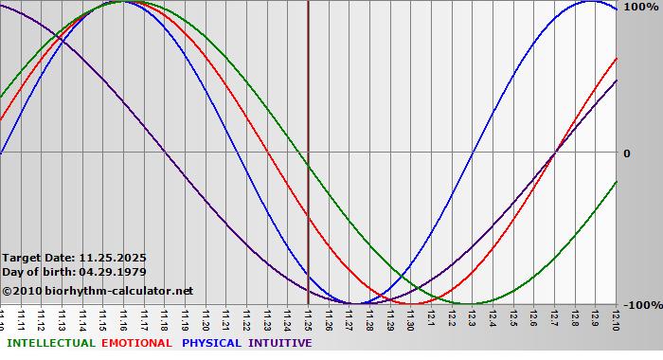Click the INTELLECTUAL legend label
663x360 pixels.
(50, 343)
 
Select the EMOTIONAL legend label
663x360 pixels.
(136, 343)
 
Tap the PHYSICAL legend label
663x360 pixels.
(211, 343)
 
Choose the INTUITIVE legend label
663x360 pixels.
(279, 343)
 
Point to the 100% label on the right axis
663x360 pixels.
(638, 7)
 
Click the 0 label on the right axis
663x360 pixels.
(626, 153)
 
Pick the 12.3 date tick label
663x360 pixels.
(472, 318)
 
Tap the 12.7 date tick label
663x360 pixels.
(554, 318)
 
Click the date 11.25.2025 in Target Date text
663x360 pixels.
(113, 258)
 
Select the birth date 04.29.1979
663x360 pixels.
(113, 272)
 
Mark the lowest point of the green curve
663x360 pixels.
(471, 303)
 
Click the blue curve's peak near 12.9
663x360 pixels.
(588, 1)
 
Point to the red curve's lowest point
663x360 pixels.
(410, 303)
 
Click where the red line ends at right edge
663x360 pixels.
(616, 59)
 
